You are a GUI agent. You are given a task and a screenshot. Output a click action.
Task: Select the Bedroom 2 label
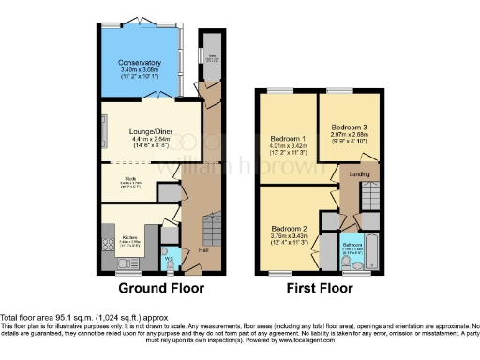click(290, 228)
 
